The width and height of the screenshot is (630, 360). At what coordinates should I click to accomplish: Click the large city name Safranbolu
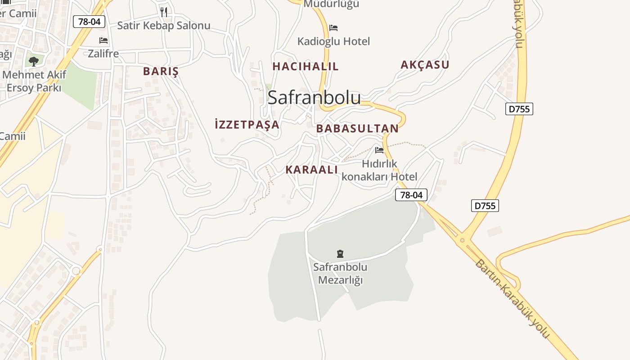click(x=314, y=98)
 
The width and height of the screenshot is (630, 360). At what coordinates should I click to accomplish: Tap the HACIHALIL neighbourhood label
click(x=306, y=67)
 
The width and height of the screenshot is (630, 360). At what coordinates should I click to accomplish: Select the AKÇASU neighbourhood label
click(x=425, y=65)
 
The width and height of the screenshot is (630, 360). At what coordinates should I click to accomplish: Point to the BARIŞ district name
click(x=161, y=71)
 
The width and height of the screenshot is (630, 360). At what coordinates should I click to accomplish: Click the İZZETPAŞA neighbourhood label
click(x=247, y=125)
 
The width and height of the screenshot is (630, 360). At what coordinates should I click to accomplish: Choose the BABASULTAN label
click(x=357, y=129)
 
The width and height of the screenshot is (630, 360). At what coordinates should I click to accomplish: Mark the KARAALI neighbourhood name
click(x=311, y=170)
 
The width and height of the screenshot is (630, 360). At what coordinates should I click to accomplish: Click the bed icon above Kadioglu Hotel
click(x=333, y=28)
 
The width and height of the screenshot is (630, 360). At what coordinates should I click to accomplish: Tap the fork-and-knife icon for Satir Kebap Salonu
click(x=164, y=12)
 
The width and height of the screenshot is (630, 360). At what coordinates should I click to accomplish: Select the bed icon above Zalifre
click(x=103, y=40)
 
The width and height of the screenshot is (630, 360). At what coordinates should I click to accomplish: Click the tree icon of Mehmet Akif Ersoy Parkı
click(x=33, y=61)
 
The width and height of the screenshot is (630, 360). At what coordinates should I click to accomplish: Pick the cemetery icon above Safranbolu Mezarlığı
click(x=340, y=254)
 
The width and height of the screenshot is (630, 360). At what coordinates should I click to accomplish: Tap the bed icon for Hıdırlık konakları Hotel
click(x=379, y=150)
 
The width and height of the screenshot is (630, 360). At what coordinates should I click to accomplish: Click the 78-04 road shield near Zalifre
click(x=89, y=22)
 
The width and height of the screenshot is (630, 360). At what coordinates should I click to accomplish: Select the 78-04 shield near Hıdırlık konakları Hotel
click(x=411, y=195)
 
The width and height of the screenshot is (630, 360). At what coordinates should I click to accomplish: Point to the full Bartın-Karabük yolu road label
click(x=512, y=299)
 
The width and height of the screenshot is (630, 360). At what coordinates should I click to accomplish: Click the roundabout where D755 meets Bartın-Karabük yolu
click(x=462, y=240)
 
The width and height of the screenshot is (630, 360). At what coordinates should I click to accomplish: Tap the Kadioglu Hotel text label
click(x=333, y=41)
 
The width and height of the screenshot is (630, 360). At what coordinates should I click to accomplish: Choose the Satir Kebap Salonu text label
click(x=164, y=26)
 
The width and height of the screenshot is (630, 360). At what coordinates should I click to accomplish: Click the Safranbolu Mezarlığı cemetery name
click(x=340, y=274)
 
